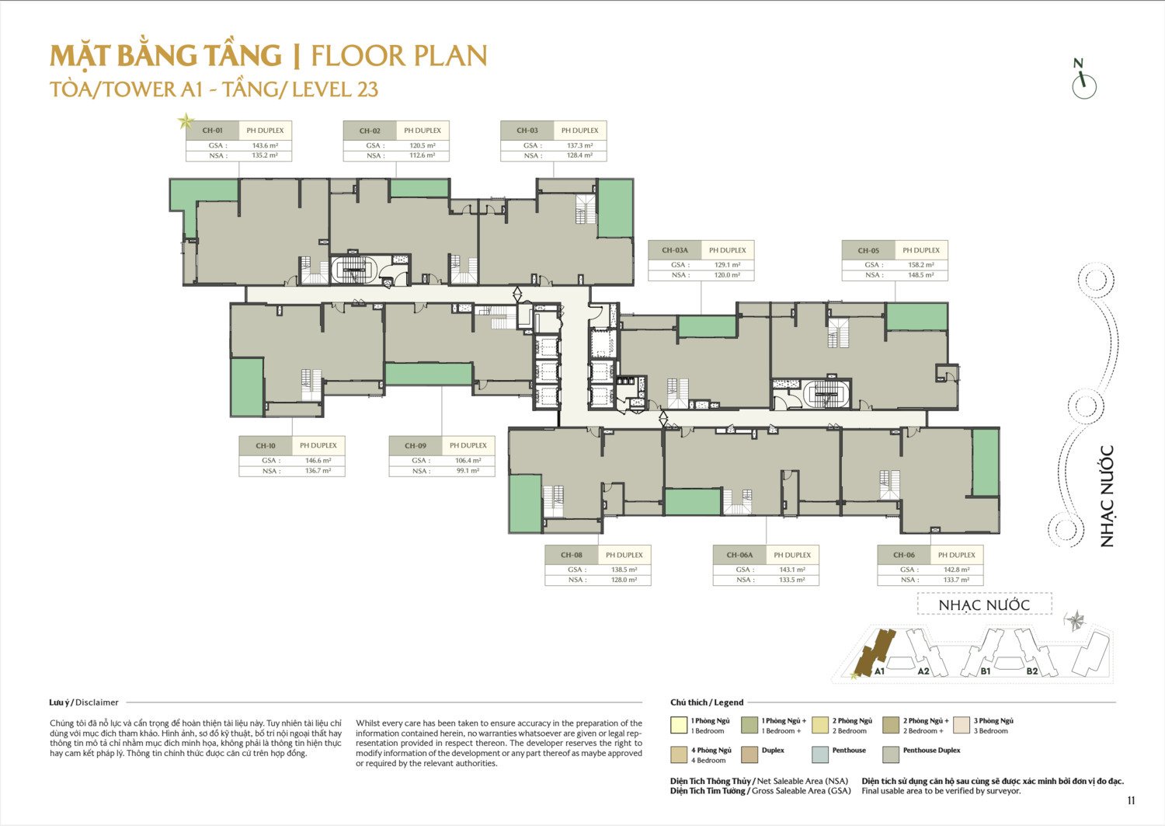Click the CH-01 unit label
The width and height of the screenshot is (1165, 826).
[212, 131]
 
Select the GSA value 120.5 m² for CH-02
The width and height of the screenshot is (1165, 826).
[423, 146]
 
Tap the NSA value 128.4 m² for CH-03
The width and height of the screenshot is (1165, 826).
[580, 155]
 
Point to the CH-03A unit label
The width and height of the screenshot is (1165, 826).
[675, 250]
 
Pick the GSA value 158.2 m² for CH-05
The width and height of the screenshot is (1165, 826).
[921, 265]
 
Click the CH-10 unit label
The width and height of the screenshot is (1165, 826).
[266, 446]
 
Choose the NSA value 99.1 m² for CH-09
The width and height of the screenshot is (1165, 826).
[468, 471]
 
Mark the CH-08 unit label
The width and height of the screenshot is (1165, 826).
[571, 556]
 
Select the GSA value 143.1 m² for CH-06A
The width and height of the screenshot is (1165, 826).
[792, 570]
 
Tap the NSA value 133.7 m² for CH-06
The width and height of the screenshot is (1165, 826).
[956, 580]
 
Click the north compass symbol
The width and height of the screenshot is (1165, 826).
[1084, 80]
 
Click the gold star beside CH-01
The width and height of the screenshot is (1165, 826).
[185, 121]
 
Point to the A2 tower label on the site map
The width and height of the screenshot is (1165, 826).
[923, 671]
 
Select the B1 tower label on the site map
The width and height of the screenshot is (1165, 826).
[986, 671]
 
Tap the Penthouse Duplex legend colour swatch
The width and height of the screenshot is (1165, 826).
[891, 755]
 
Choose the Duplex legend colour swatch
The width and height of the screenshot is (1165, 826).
[749, 755]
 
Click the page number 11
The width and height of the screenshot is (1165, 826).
[1131, 801]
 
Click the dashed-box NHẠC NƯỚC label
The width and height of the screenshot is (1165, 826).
[984, 605]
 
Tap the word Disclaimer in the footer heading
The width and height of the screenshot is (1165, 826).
[97, 702]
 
